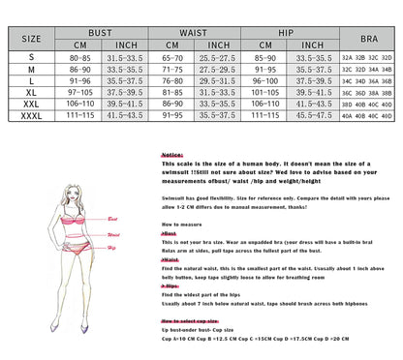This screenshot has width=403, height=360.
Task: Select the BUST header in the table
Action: (x=100, y=32)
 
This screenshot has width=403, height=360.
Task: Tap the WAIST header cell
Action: (x=197, y=32)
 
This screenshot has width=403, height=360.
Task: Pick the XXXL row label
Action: (x=32, y=115)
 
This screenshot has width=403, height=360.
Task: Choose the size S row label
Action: (x=32, y=57)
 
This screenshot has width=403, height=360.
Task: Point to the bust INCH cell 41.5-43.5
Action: (x=125, y=115)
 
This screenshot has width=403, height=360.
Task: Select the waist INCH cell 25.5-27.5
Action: (x=219, y=57)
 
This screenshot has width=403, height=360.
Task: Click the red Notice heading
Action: (x=171, y=154)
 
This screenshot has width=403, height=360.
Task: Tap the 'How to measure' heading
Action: (x=180, y=224)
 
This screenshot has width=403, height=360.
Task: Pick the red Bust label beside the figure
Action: (x=112, y=220)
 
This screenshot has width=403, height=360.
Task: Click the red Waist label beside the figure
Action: (x=113, y=234)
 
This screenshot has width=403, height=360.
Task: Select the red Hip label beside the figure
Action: (x=111, y=248)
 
